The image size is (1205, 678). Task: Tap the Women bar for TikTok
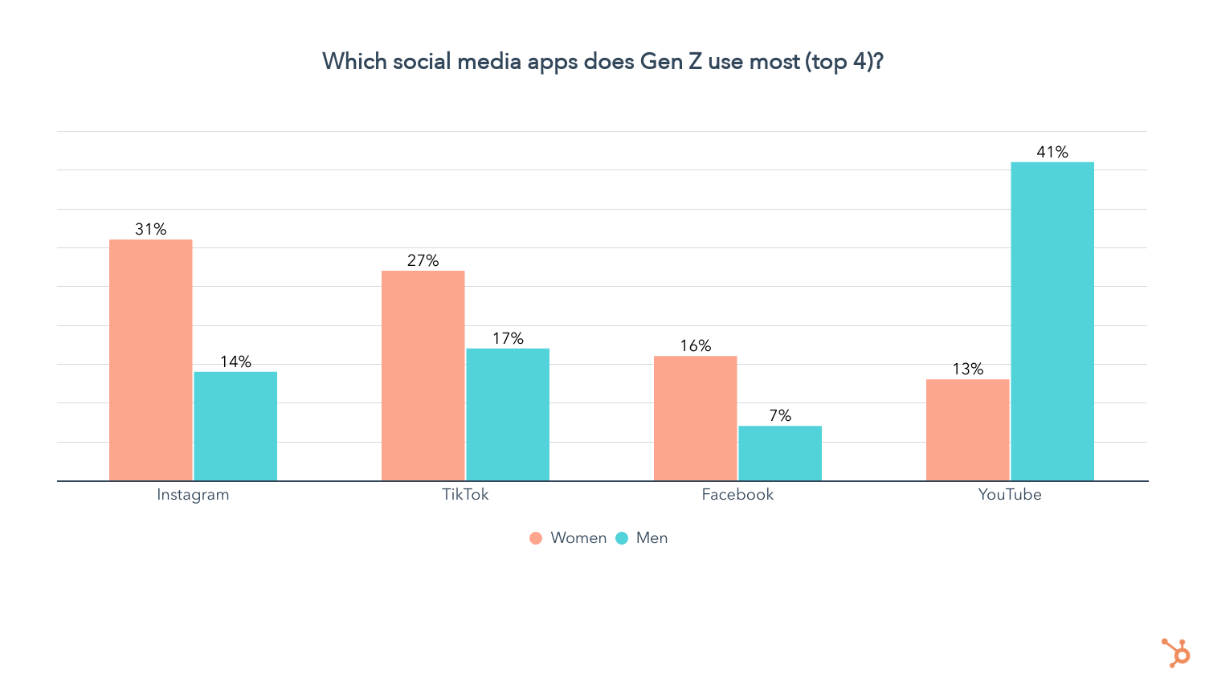423,375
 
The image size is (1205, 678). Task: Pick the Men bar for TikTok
508,415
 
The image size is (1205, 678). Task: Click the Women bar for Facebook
695,418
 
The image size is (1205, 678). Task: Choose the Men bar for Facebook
780,453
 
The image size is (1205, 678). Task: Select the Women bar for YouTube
967,430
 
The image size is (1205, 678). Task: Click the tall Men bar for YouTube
1052,321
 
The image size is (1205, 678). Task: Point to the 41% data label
1052,152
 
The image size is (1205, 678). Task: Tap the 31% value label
151,229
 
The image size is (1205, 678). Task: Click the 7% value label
780,415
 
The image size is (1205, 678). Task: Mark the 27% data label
423,260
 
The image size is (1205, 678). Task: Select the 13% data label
967,369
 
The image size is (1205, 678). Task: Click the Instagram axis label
193,494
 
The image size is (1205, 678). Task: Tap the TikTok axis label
465,494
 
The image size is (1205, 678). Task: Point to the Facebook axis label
737,494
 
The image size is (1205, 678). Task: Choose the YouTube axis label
1010,494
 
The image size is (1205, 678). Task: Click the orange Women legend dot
536,538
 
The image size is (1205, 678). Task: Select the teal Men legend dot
622,538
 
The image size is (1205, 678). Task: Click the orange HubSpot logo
1176,652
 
